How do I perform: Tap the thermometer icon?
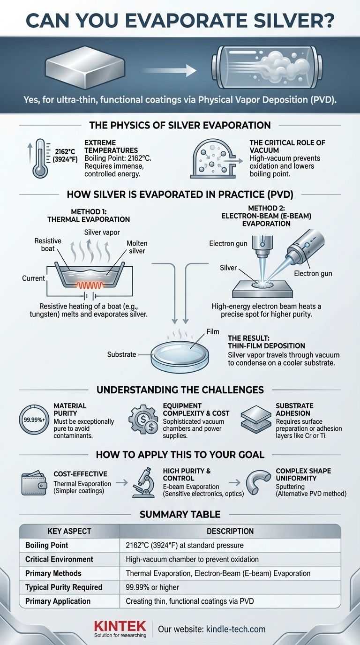pyautogui.click(x=40, y=158)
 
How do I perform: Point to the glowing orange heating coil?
pyautogui.click(x=89, y=285)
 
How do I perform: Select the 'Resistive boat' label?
pyautogui.click(x=48, y=245)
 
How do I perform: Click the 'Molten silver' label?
pyautogui.click(x=137, y=247)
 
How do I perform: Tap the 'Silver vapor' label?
pyautogui.click(x=102, y=232)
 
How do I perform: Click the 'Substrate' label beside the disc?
pyautogui.click(x=121, y=354)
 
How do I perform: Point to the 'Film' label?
pyautogui.click(x=213, y=332)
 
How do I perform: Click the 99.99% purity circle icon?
pyautogui.click(x=34, y=420)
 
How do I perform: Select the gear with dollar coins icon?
pyautogui.click(x=143, y=420)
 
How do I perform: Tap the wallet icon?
pyautogui.click(x=34, y=485)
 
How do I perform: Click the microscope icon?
pyautogui.click(x=142, y=483)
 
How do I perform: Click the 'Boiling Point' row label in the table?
pyautogui.click(x=47, y=545)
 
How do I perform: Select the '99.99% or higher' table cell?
pyautogui.click(x=152, y=587)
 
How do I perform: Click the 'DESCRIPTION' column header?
pyautogui.click(x=230, y=531)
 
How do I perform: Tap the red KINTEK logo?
pyautogui.click(x=120, y=626)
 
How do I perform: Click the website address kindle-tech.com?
pyautogui.click(x=236, y=629)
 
